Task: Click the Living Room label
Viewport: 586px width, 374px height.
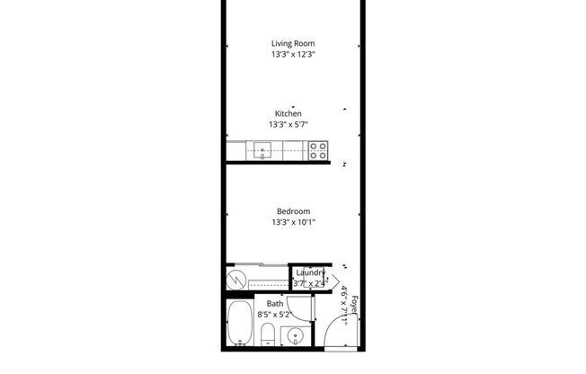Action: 293,43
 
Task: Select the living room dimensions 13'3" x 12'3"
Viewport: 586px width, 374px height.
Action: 293,55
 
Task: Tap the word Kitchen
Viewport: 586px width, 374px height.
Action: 288,113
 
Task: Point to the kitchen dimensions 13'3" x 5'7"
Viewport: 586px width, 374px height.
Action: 289,125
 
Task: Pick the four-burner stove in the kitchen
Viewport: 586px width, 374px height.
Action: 317,151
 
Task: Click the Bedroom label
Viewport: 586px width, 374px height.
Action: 293,211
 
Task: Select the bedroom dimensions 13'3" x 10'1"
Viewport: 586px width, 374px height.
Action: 293,223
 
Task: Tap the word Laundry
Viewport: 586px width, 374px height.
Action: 310,272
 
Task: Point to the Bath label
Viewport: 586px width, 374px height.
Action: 274,304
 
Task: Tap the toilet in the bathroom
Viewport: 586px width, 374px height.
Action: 268,338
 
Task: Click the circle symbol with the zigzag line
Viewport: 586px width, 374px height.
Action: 236,280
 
